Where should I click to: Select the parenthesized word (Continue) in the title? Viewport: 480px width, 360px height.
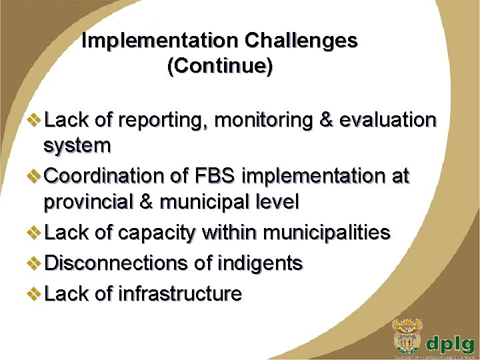220,67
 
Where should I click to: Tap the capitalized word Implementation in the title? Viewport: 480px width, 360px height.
161,41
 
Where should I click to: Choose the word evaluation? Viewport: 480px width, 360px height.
388,121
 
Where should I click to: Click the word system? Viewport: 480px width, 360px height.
77,145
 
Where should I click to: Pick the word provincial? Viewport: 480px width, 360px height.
93,201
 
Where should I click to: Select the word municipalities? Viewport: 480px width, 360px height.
327,233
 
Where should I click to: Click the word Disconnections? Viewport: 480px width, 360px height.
117,263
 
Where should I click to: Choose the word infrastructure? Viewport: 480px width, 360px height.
178,293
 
